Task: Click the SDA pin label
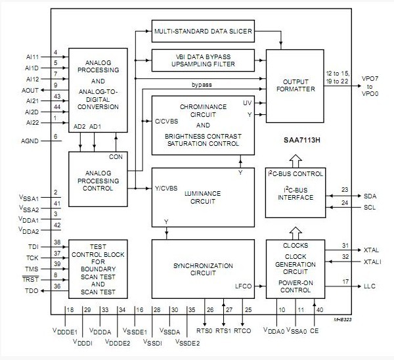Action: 370,196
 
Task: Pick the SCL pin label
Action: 370,208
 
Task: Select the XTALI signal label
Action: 372,261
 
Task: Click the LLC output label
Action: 370,286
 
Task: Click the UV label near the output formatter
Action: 248,103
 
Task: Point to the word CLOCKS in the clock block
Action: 290,244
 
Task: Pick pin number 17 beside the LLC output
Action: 345,282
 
